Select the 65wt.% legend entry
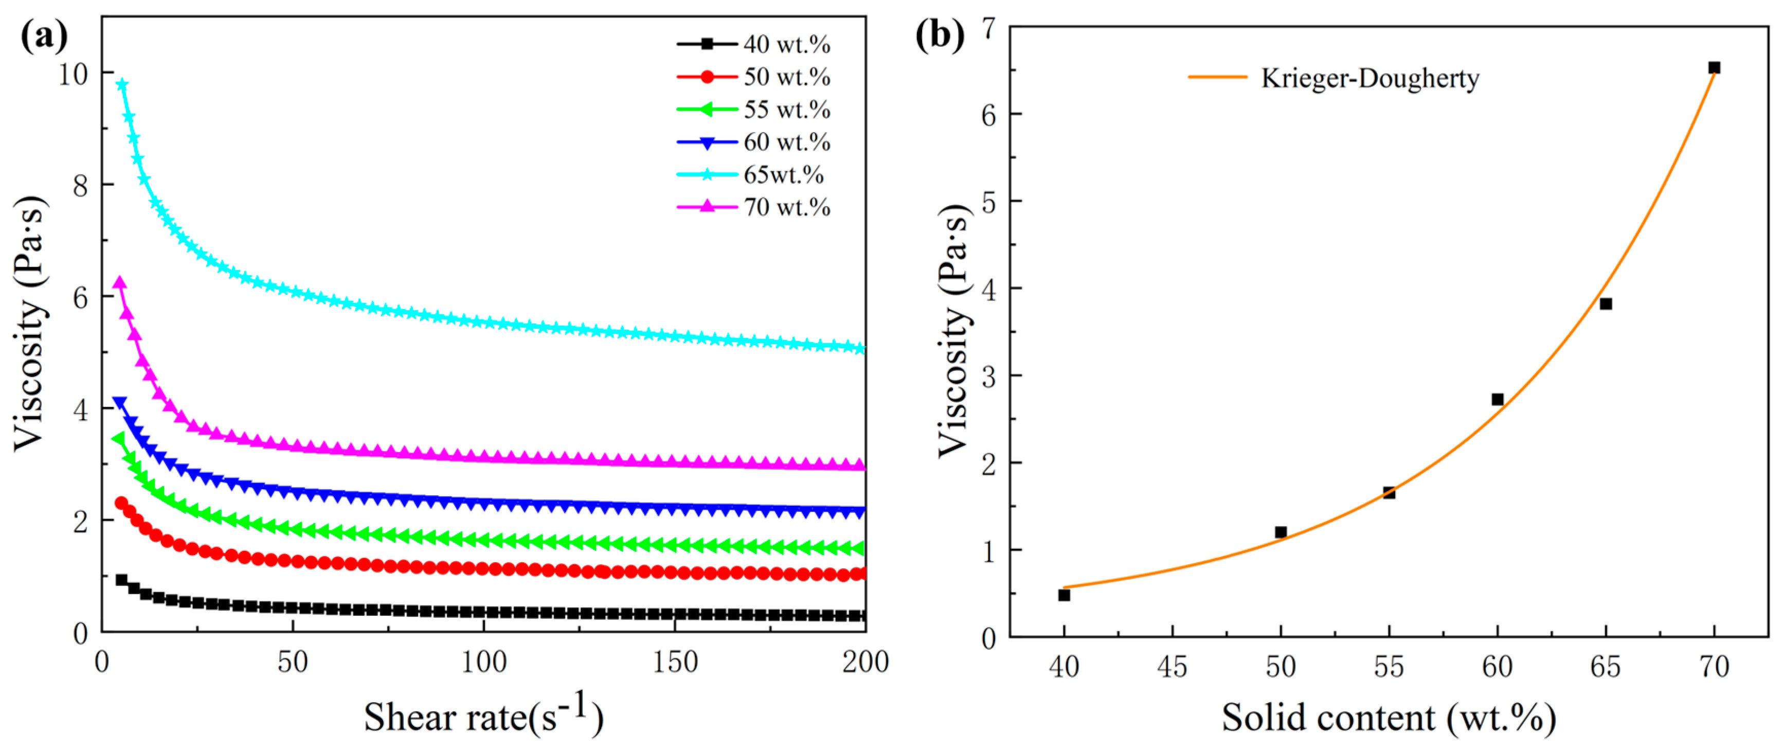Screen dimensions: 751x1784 783,174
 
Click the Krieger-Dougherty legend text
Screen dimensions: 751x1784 1369,78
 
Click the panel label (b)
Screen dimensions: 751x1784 939,34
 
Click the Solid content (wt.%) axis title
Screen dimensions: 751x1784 1388,717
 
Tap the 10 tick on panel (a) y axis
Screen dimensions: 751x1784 74,74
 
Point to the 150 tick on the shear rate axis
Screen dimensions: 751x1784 675,663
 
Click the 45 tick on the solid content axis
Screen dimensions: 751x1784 1172,667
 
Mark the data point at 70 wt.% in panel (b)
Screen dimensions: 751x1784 1714,67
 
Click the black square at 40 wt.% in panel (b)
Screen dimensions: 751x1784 1064,595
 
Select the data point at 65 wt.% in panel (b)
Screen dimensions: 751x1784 1606,303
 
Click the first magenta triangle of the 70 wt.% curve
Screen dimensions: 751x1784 119,283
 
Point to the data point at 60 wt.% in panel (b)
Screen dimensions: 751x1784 1497,399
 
